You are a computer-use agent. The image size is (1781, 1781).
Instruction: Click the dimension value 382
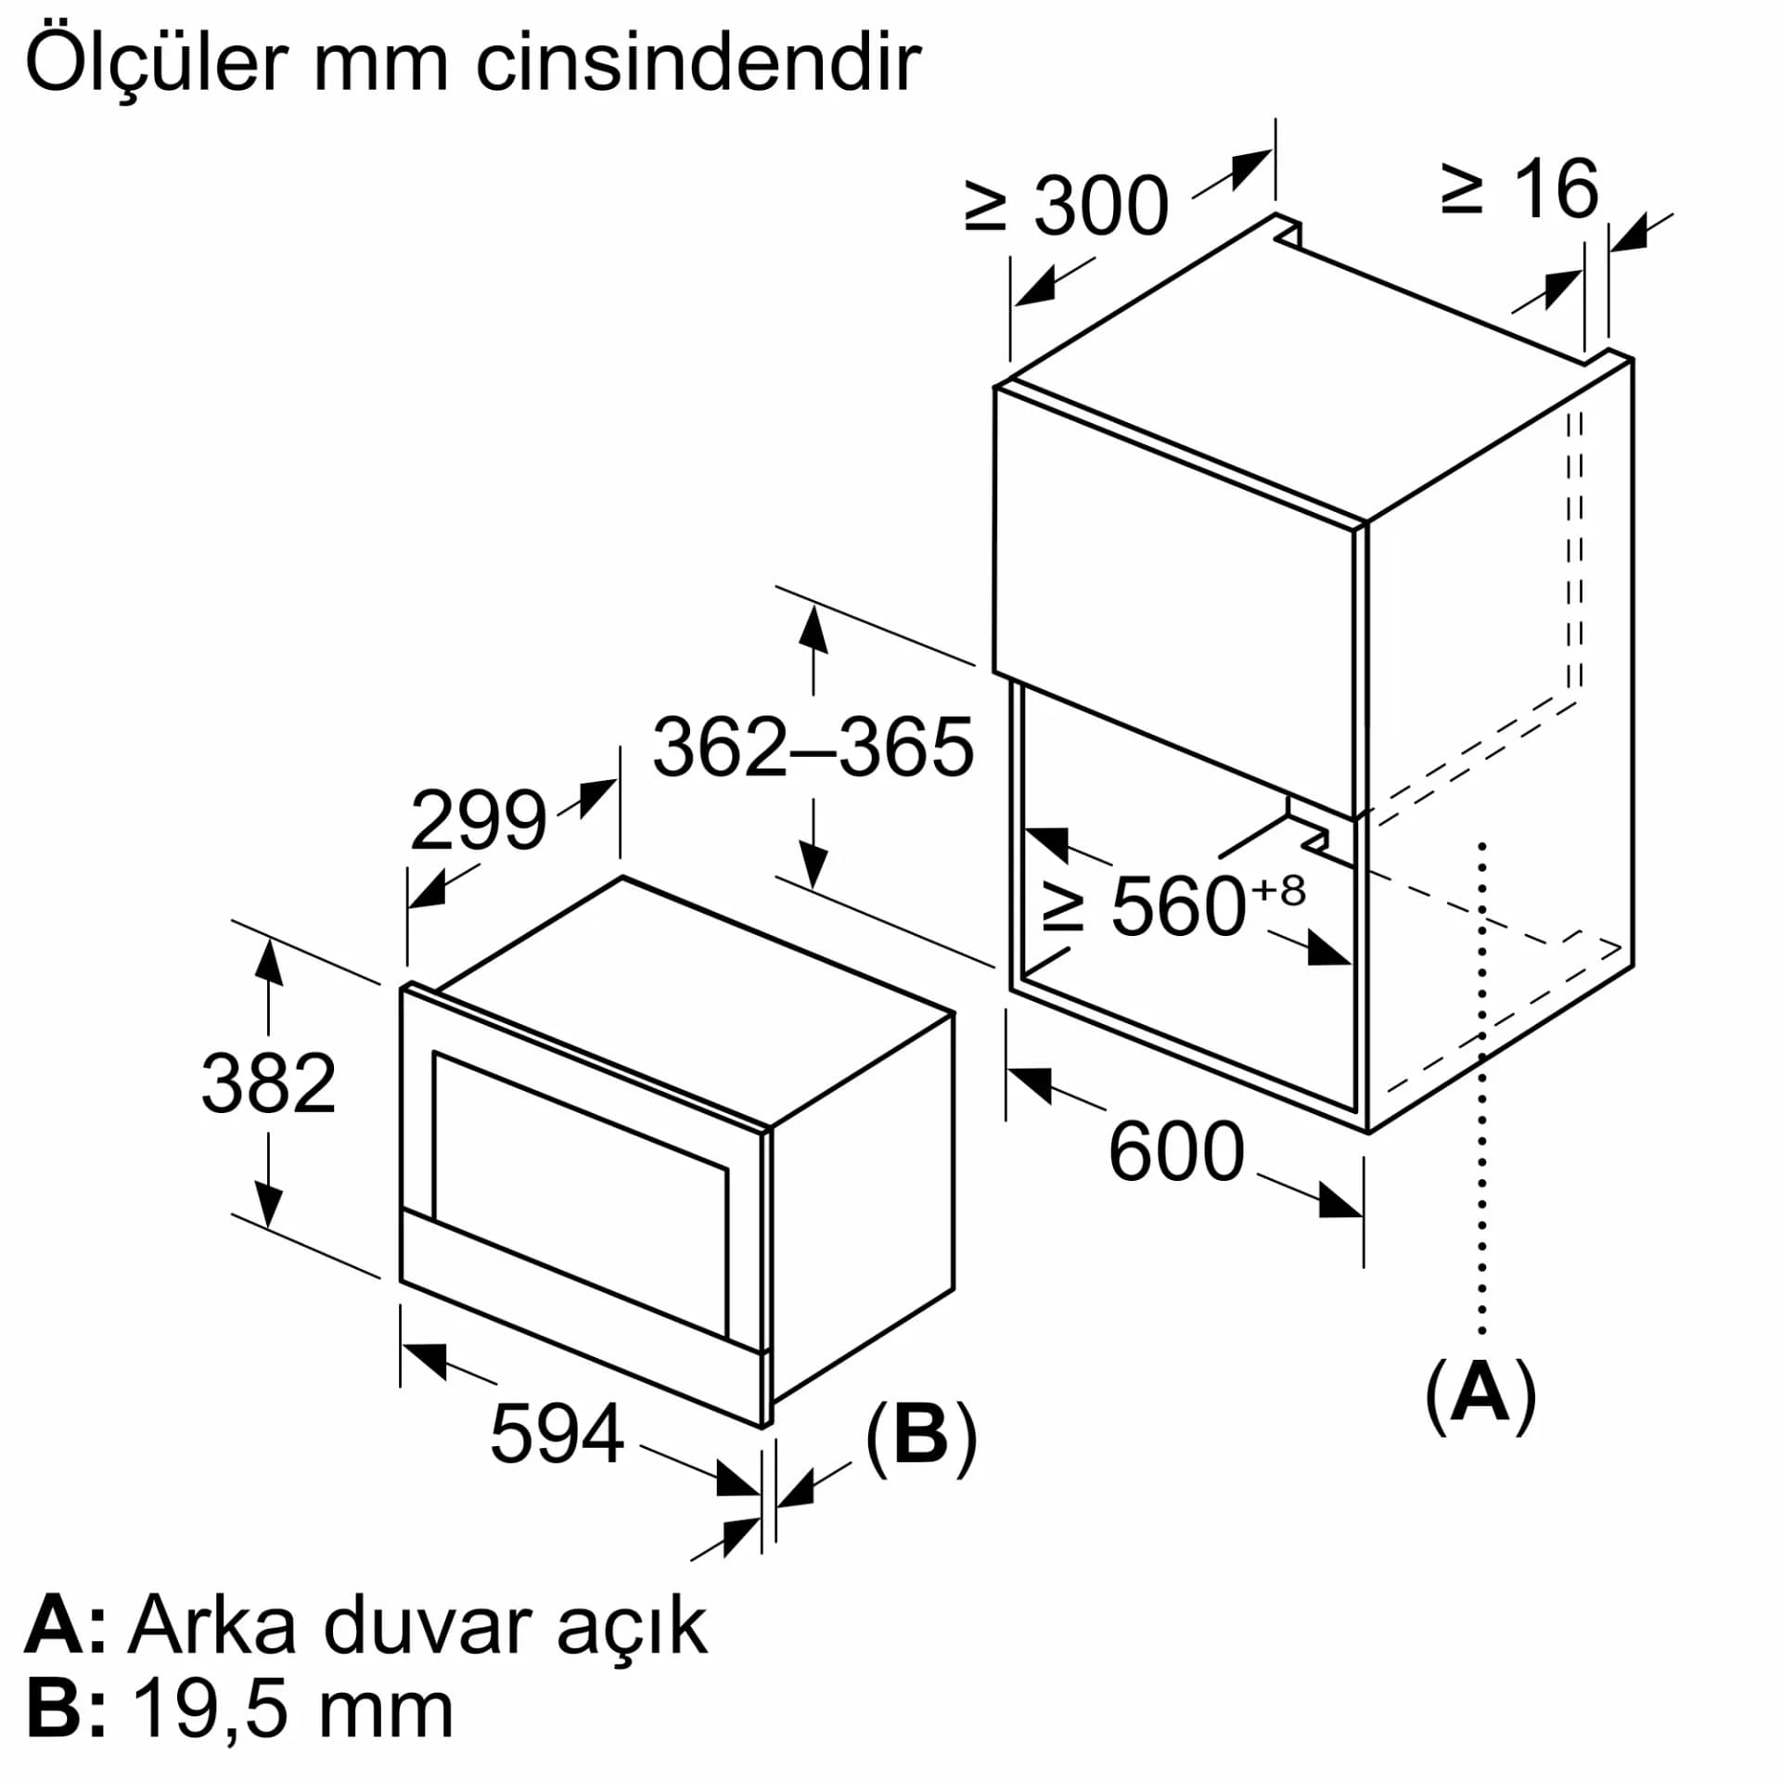coord(268,1083)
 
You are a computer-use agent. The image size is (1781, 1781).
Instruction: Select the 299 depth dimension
coord(478,820)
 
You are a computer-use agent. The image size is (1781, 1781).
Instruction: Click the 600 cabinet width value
coord(1176,1152)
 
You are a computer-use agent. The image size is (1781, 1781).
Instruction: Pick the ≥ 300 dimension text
coord(1067,205)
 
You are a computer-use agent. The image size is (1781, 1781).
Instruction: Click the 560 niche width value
coord(1177,906)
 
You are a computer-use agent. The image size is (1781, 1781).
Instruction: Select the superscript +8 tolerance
coord(1278,890)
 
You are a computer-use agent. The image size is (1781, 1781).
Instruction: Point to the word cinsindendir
coord(698,62)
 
